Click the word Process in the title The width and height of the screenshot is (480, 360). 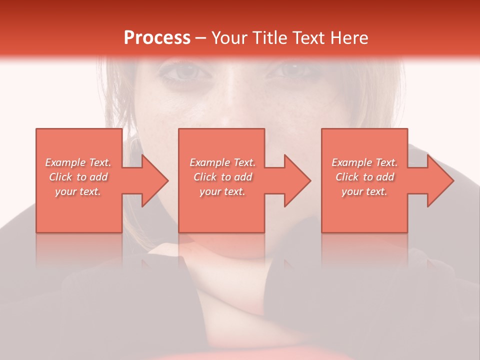157,37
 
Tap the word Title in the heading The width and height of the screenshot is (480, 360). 269,37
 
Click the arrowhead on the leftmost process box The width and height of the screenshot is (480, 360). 152,180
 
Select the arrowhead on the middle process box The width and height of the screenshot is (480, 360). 295,180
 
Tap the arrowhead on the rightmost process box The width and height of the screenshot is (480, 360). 438,180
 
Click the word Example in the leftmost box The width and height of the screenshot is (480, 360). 65,162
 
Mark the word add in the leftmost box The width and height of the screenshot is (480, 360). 98,177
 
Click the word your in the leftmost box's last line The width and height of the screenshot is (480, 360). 65,191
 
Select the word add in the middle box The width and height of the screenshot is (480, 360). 243,177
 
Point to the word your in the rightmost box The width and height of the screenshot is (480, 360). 352,191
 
